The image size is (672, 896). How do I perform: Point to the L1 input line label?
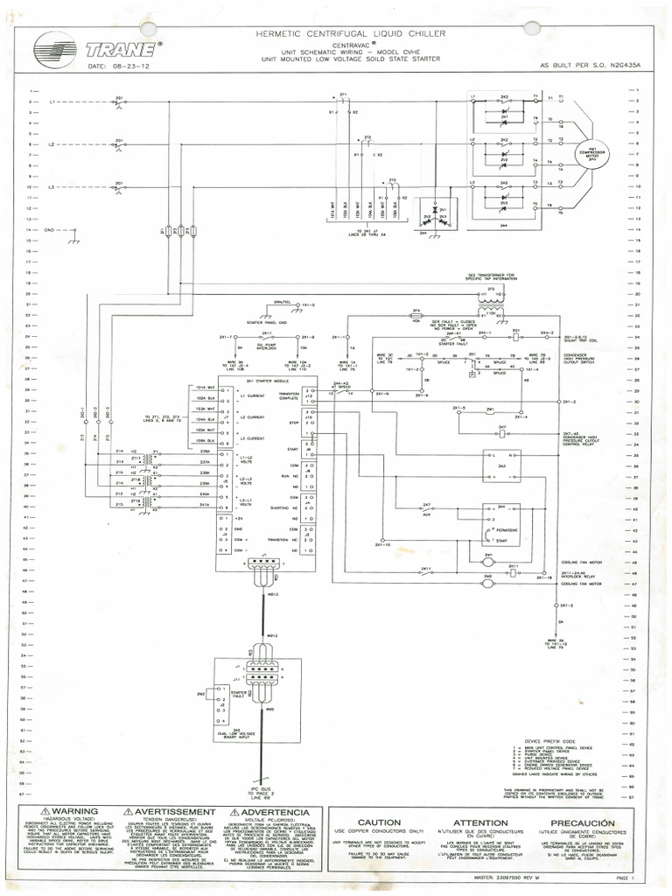coord(52,102)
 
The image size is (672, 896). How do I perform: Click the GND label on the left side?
coord(49,229)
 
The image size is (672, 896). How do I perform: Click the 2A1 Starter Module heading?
coord(255,382)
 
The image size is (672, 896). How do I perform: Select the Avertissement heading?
coord(170,813)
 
